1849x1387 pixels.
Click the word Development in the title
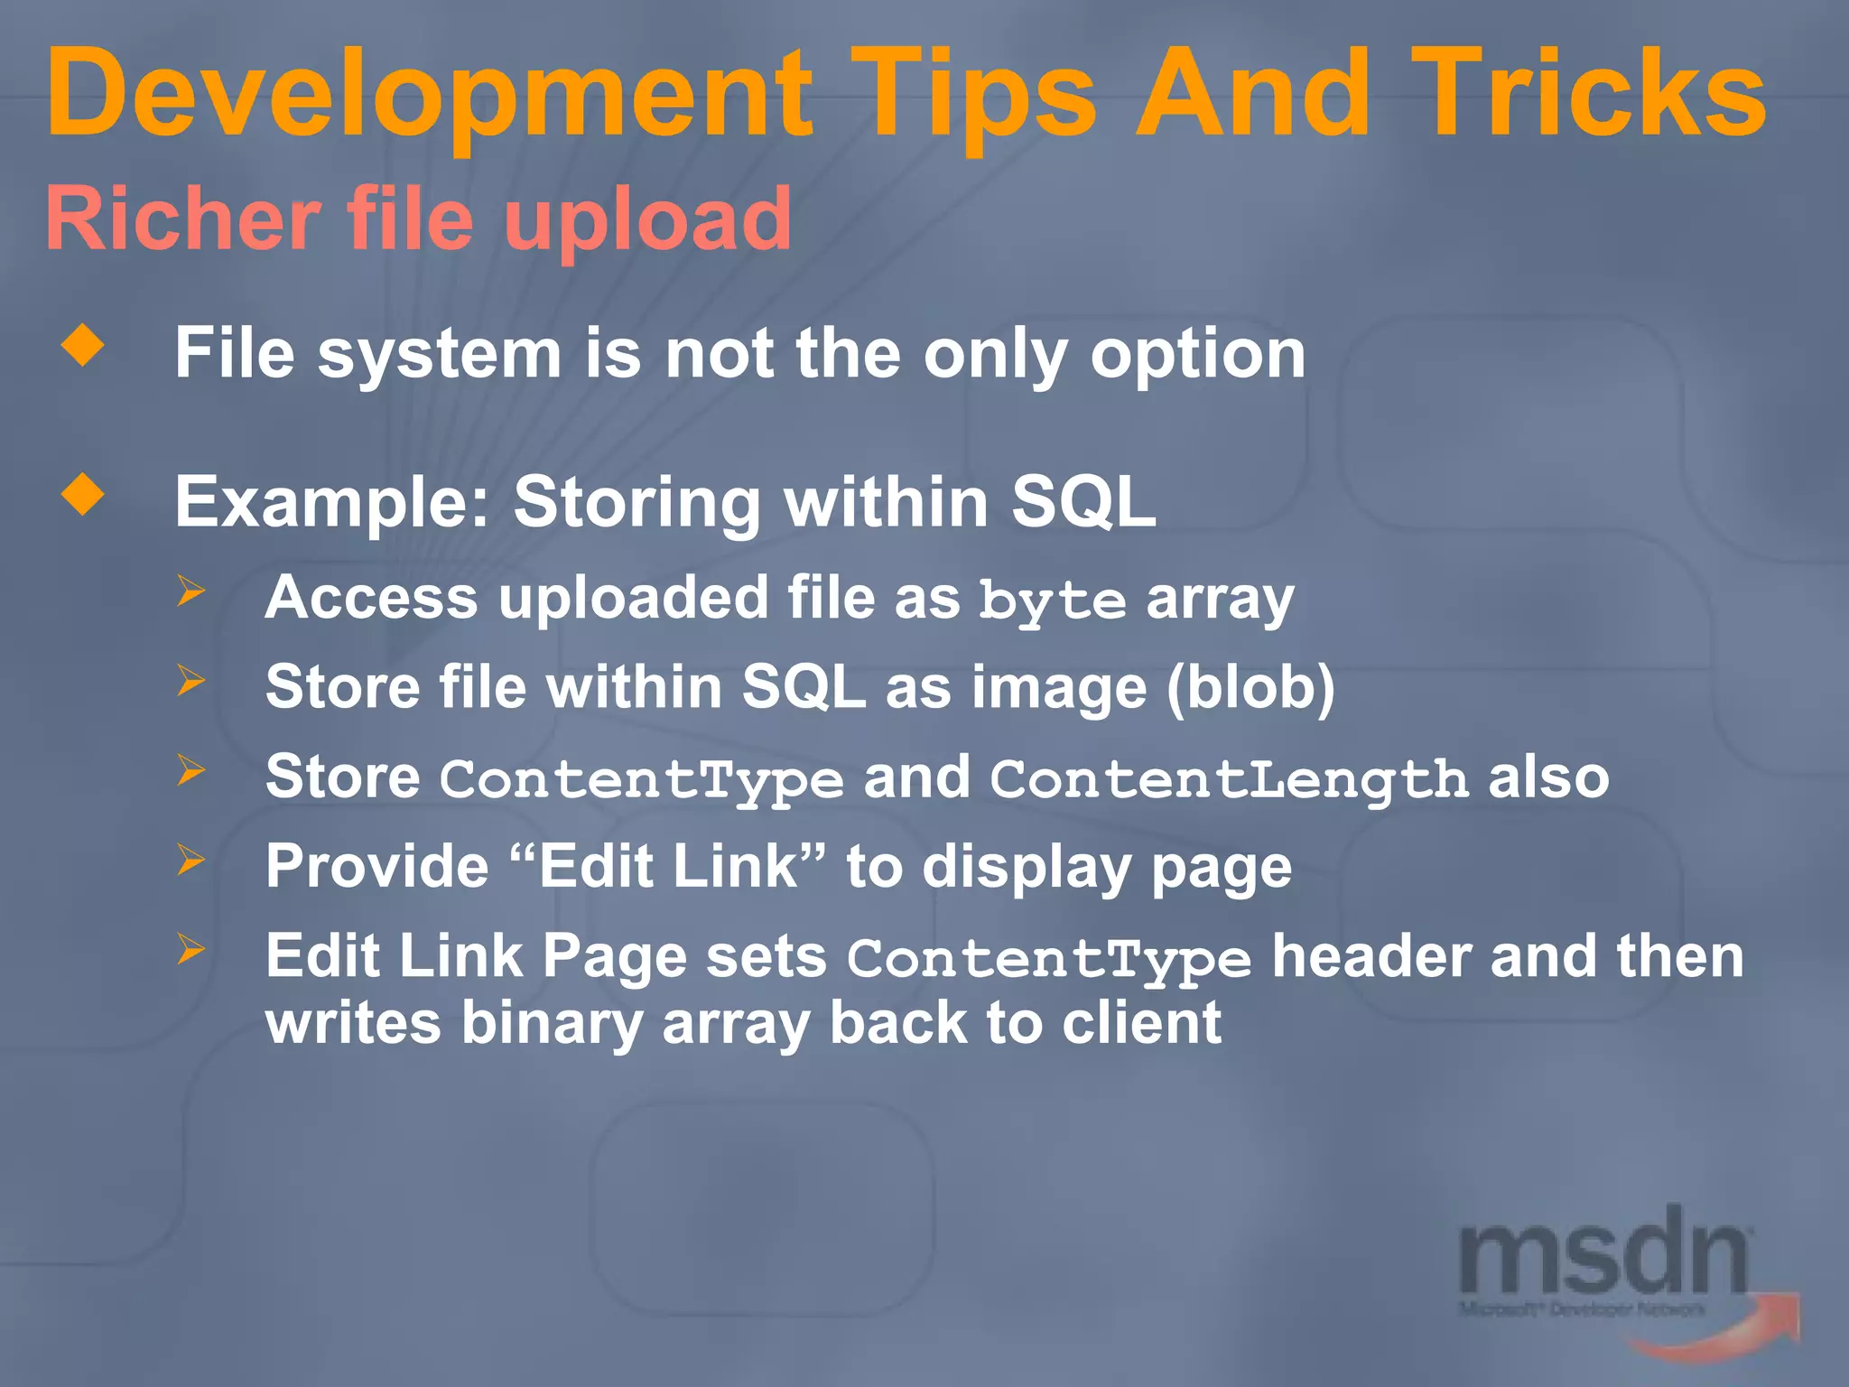[429, 95]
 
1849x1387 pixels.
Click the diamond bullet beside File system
[83, 345]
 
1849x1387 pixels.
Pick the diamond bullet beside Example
[83, 494]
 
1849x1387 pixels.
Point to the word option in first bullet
[1197, 354]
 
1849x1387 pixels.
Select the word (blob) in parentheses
[1250, 688]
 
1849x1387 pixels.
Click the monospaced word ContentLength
[1229, 779]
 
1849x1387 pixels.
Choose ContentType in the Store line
[641, 779]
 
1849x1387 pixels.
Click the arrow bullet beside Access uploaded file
[190, 591]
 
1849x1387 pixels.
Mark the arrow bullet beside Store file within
[190, 680]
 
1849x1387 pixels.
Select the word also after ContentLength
[1547, 777]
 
